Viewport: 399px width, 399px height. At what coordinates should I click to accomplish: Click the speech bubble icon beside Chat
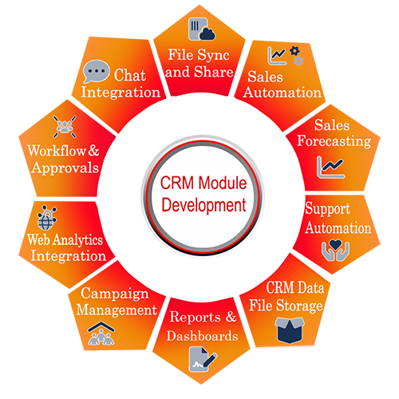tap(96, 71)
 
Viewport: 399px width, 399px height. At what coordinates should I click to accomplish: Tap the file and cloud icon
tap(202, 29)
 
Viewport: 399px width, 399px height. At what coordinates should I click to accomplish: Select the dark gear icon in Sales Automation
tap(294, 50)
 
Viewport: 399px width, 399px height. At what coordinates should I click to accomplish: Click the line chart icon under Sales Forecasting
tap(330, 168)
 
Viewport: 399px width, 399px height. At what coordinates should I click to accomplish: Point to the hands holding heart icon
tap(335, 251)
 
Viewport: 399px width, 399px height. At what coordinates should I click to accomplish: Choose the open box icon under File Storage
tap(290, 330)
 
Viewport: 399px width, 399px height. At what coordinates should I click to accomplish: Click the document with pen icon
tap(203, 359)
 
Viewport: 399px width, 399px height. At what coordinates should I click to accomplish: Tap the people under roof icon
tap(101, 334)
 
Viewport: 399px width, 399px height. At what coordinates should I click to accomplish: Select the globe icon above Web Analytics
tap(47, 218)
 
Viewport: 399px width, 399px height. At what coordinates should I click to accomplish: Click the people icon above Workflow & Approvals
tap(65, 127)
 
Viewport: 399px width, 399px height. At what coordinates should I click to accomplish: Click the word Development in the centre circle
tap(203, 205)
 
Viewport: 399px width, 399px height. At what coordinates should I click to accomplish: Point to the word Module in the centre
tap(223, 183)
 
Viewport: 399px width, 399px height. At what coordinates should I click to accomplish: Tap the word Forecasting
tap(334, 141)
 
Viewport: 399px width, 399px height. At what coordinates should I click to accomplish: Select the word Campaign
tap(115, 294)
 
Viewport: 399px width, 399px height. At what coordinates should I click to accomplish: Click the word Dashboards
tap(202, 336)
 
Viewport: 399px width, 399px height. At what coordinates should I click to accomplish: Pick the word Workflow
tap(57, 151)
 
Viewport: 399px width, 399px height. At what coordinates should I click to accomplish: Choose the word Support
tap(327, 209)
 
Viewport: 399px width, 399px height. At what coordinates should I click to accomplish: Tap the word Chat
tap(130, 75)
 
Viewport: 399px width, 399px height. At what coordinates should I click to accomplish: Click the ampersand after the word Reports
tap(231, 317)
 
